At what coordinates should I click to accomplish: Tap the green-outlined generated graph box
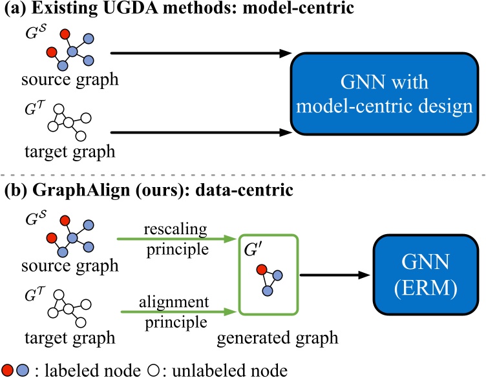tap(268, 274)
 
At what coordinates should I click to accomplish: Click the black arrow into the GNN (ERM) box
tap(337, 274)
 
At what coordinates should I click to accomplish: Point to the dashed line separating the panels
tap(243, 174)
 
